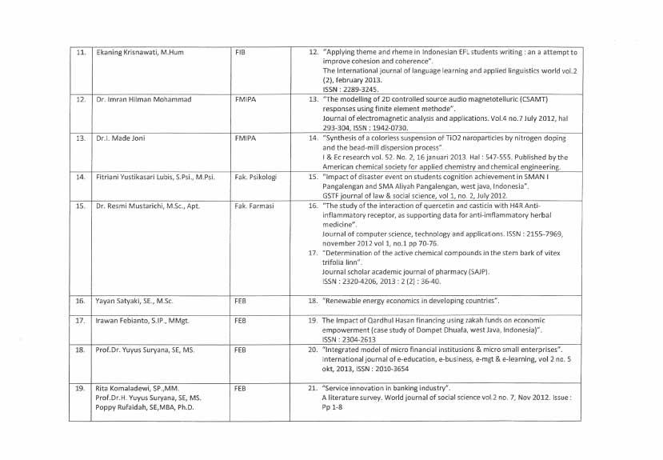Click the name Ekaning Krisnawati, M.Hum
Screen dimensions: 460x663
(140, 52)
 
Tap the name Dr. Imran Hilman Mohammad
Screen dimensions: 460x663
(145, 100)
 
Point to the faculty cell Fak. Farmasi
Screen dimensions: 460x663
(254, 206)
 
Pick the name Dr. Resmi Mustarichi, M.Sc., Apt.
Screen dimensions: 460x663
(147, 206)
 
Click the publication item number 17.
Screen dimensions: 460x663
(314, 253)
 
